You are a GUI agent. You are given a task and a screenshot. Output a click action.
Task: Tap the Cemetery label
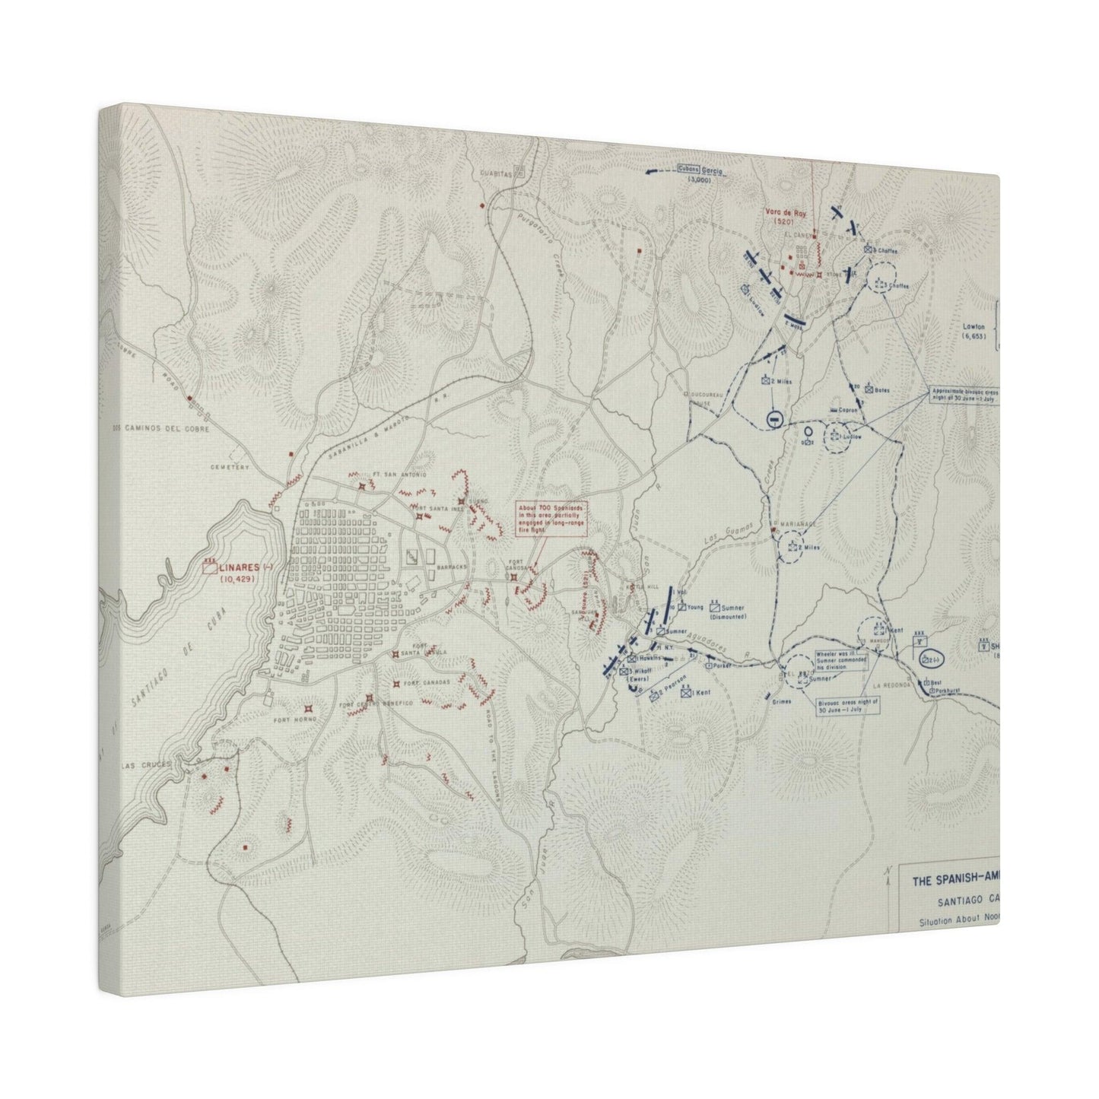tap(231, 468)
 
